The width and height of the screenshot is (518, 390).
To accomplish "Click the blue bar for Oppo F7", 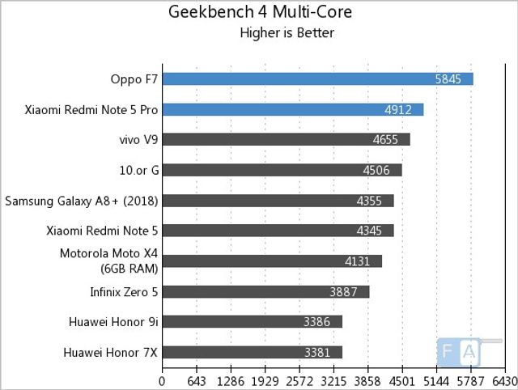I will pos(317,78).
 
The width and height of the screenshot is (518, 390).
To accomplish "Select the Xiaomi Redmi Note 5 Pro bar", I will pos(293,109).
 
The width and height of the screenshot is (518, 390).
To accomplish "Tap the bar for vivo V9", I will pos(286,139).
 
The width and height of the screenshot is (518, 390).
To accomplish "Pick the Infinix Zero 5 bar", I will pos(265,291).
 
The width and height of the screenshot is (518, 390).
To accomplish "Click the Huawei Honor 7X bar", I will pos(252,352).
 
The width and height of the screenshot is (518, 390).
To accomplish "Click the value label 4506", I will pos(379,170).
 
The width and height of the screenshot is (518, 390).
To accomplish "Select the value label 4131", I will pos(359,261).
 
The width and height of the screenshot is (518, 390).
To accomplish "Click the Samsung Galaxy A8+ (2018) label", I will pos(80,201).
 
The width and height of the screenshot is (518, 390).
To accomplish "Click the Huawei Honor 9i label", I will pos(113,322).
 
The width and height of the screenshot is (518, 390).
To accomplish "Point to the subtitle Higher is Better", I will pos(287,33).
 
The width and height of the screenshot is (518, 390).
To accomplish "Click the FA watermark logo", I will pos(459,351).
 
